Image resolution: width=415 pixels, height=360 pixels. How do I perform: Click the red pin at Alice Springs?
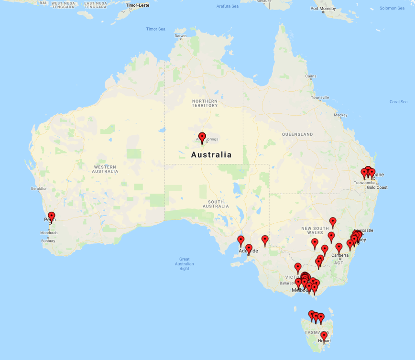pos(202,138)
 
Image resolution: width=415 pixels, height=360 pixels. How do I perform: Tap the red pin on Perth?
pos(52,216)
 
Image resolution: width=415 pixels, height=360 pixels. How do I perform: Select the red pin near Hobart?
pos(324,336)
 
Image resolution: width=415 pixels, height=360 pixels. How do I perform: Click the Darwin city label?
pos(181,36)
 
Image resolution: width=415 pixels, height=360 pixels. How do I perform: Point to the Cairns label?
pos(311,76)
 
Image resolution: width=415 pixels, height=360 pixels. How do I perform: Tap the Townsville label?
pos(320,98)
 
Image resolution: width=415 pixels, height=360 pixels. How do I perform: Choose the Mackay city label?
pos(341,115)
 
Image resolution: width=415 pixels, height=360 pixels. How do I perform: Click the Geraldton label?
pos(39,188)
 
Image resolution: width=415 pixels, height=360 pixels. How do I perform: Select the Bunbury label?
pos(48,241)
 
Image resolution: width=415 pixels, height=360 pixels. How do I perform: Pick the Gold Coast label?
pos(377,187)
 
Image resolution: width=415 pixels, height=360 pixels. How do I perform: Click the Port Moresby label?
pos(323,9)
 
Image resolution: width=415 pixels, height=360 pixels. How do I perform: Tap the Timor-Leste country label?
pos(138,5)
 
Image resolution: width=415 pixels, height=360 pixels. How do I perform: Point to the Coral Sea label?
pos(398,102)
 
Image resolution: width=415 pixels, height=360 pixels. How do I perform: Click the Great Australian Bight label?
pos(185,264)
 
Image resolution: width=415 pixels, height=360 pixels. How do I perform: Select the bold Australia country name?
pos(211,155)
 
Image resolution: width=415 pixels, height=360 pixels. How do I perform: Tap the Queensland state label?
pos(297,134)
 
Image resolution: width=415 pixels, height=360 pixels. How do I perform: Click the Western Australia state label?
pos(105,169)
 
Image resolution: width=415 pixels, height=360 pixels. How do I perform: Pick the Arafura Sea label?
pos(227,6)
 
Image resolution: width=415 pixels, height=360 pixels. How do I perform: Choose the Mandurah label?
pos(49,233)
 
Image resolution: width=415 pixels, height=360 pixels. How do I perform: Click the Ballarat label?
pos(286,283)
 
